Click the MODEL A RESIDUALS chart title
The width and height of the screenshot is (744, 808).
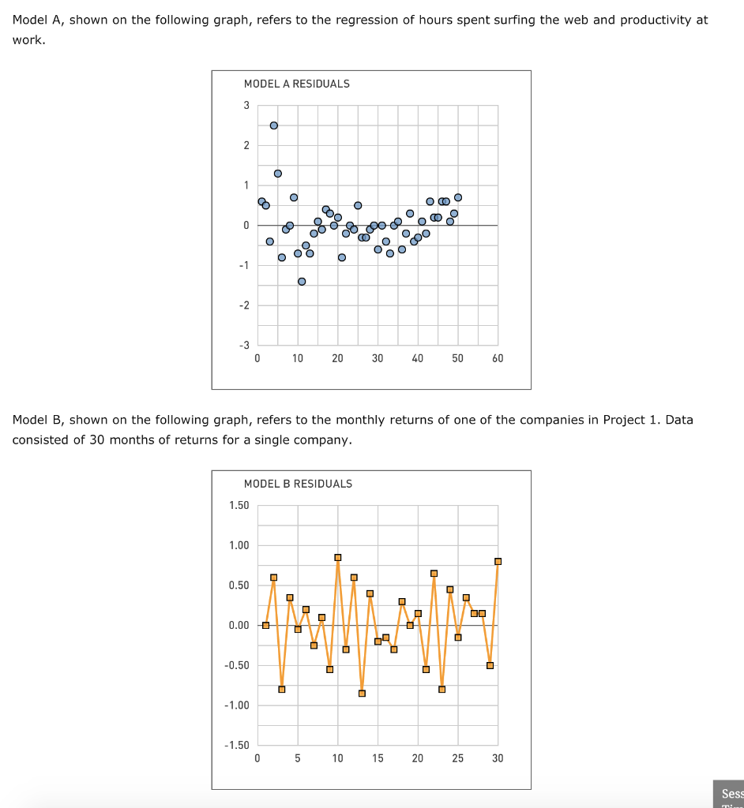(296, 84)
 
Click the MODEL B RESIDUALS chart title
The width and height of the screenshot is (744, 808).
(298, 484)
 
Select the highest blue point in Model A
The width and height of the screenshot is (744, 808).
(274, 125)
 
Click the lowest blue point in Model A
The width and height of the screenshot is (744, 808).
(302, 282)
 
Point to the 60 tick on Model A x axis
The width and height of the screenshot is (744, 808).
(497, 359)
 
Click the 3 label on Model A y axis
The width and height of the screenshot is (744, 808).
(246, 106)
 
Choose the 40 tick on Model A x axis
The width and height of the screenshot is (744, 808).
(417, 359)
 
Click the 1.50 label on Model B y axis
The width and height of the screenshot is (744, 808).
(239, 506)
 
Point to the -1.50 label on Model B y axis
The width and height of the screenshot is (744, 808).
(237, 746)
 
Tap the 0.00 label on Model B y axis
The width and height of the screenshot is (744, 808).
(239, 626)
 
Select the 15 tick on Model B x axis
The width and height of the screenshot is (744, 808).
(378, 759)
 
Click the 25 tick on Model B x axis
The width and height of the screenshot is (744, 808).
(457, 759)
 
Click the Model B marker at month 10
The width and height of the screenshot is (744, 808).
(338, 558)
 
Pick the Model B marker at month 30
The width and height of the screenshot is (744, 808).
(498, 562)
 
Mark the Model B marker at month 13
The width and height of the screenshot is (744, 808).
(362, 694)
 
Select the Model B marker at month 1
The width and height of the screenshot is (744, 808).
(266, 626)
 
